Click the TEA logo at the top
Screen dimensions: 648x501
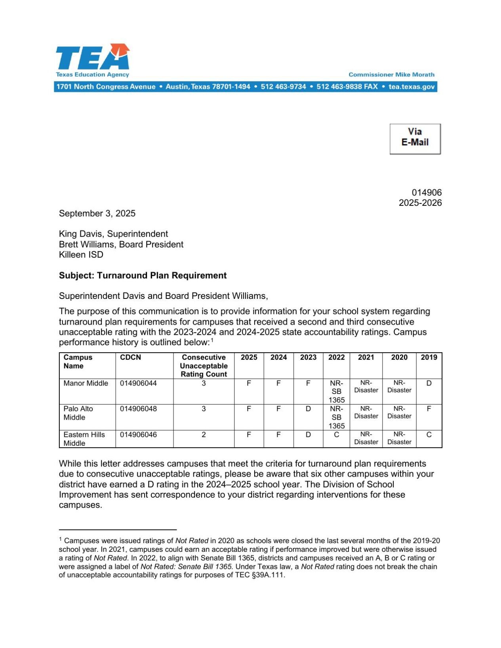coord(93,60)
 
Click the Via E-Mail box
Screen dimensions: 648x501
coord(415,139)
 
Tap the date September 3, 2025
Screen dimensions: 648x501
coord(97,213)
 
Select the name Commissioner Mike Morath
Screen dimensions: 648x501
coord(391,74)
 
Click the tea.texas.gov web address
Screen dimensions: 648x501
coord(411,87)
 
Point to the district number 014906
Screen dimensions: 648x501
coord(427,192)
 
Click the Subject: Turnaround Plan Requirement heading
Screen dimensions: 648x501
coord(143,276)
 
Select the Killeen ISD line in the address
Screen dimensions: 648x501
coord(81,255)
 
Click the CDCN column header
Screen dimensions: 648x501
coord(130,357)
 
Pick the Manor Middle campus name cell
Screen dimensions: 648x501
coord(86,383)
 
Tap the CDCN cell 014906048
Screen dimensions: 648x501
coord(138,409)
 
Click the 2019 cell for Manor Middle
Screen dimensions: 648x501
coord(429,383)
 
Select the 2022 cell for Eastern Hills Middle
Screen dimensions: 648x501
coord(336,435)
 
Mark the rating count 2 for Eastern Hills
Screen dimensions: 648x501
coord(204,435)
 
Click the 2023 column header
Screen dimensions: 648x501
coord(308,357)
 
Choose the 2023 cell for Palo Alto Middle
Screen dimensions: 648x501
coord(308,409)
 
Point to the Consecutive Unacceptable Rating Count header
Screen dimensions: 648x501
coord(204,366)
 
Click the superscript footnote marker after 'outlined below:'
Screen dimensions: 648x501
coord(212,340)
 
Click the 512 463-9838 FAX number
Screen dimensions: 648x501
coord(347,87)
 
